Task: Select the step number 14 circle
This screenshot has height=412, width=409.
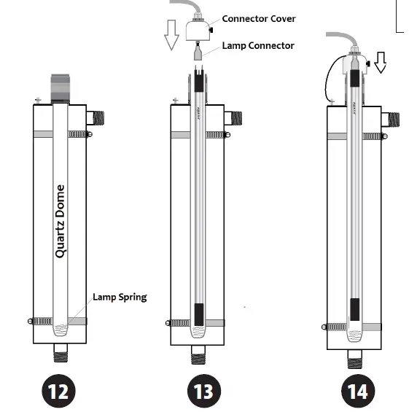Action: click(357, 392)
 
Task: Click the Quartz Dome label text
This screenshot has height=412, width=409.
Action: click(60, 221)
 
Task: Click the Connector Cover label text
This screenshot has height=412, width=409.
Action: click(259, 18)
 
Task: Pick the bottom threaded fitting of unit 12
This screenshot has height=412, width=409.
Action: click(60, 357)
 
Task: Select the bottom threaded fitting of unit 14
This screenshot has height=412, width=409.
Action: click(355, 357)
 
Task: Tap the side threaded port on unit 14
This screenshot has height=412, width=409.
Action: click(392, 119)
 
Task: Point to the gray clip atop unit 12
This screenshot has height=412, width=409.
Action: click(60, 87)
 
